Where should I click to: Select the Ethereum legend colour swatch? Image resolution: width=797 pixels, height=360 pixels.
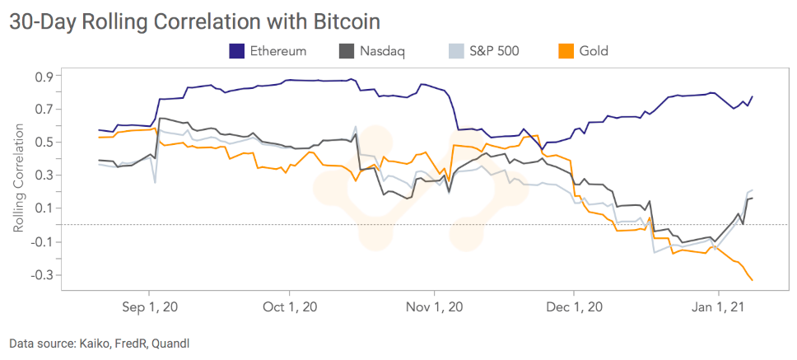pyautogui.click(x=237, y=51)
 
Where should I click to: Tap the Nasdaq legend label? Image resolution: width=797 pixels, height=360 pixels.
pyautogui.click(x=382, y=51)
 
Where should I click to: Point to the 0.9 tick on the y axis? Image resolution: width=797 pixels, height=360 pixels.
pyautogui.click(x=44, y=77)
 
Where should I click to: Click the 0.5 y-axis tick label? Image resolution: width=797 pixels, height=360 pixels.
pyautogui.click(x=44, y=143)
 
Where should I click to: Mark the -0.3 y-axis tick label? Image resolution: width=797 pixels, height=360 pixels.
pyautogui.click(x=41, y=274)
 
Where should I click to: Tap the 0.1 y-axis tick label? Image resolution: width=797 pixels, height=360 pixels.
pyautogui.click(x=44, y=208)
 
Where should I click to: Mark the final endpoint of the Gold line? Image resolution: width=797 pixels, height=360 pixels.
pyautogui.click(x=752, y=280)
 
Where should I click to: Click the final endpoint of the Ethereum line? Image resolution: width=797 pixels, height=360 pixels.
pyautogui.click(x=753, y=96)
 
